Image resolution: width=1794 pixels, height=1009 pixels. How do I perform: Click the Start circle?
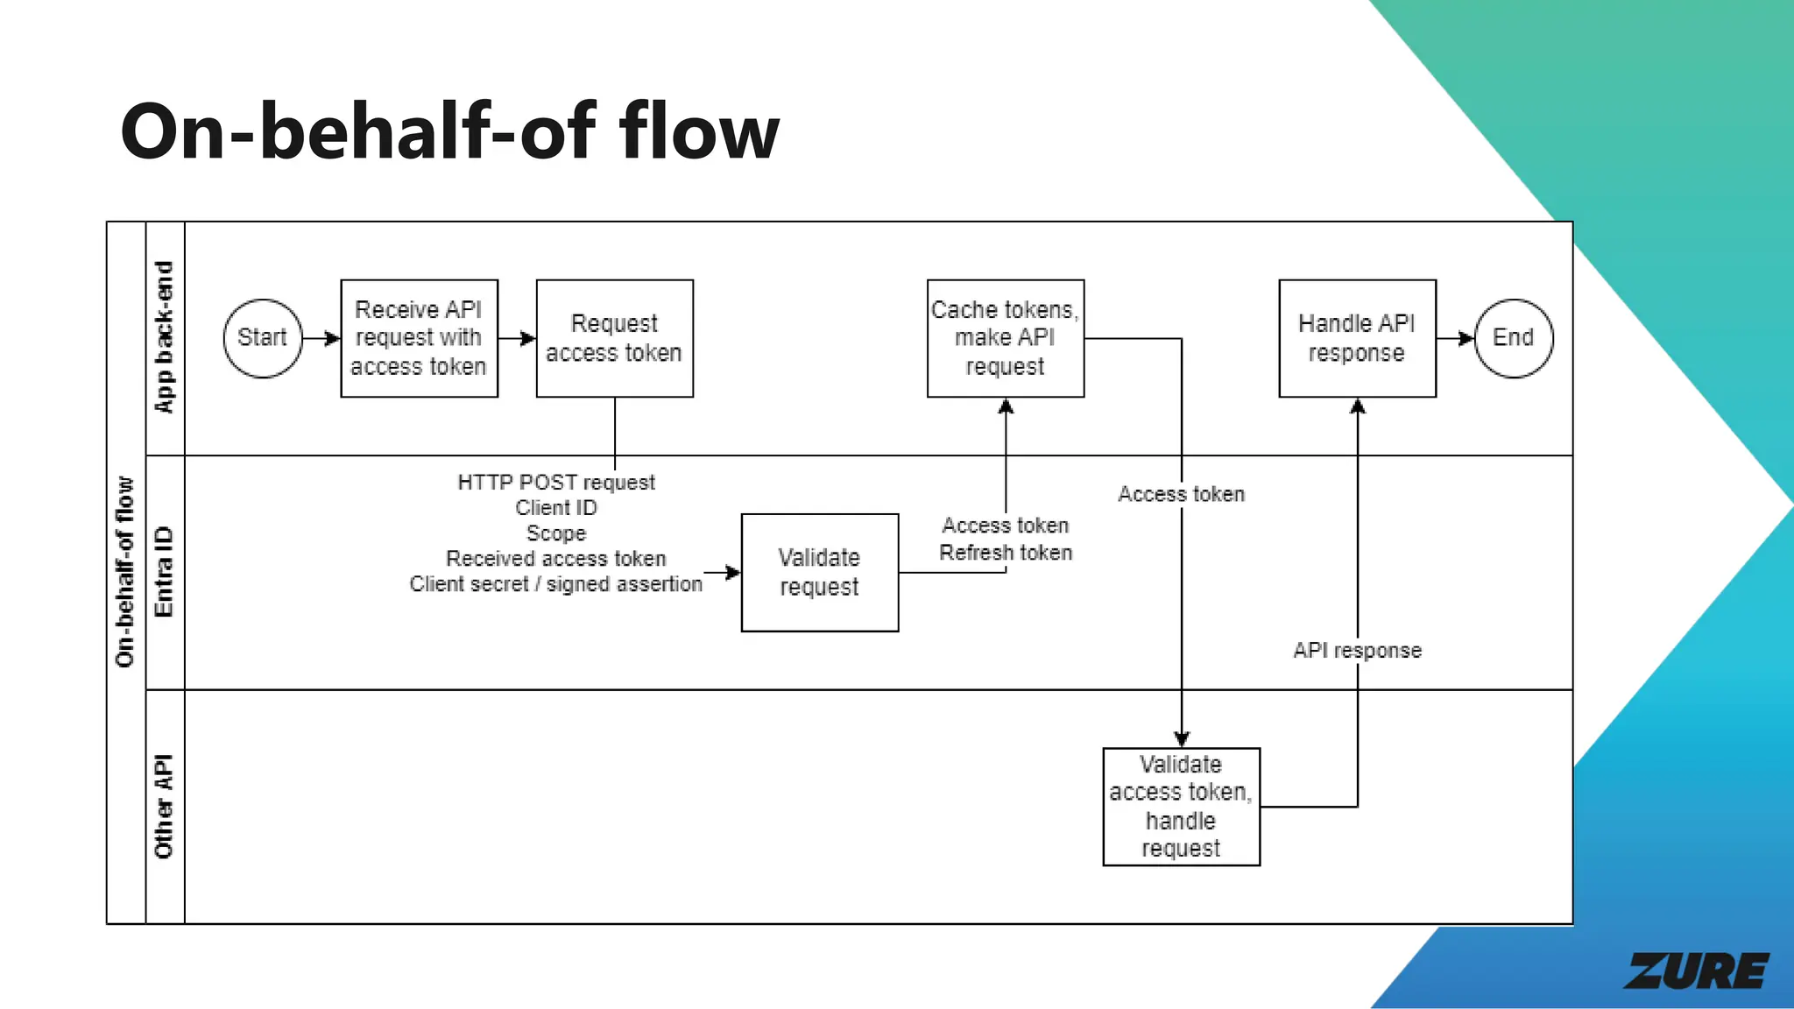[262, 338]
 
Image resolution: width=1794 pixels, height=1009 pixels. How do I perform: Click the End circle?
[1513, 338]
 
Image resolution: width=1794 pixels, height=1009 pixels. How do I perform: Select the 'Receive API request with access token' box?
[419, 338]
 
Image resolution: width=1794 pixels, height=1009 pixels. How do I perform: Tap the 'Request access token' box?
[614, 338]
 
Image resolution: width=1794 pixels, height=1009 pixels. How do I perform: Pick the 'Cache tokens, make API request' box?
[1005, 338]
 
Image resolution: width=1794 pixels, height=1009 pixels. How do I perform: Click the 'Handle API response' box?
[1357, 338]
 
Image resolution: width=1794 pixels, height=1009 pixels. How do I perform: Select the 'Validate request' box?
[819, 572]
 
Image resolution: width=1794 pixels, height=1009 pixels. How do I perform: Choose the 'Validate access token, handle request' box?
[1181, 807]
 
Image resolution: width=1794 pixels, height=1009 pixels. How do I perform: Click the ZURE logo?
[1695, 971]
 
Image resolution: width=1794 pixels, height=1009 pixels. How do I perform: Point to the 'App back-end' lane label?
[165, 337]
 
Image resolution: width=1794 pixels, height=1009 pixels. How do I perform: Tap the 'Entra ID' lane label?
[165, 572]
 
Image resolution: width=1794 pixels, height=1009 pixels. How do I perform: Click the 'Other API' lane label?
[165, 806]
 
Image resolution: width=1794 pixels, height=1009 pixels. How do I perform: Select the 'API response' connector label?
[1357, 651]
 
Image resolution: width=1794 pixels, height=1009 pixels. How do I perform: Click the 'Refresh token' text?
[1005, 553]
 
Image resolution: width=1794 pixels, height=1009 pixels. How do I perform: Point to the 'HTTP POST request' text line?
[556, 483]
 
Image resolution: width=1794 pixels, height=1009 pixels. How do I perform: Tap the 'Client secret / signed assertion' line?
[556, 584]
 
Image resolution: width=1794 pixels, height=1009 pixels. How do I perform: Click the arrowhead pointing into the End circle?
[1467, 338]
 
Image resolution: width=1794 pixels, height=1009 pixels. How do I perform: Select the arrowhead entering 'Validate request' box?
[733, 573]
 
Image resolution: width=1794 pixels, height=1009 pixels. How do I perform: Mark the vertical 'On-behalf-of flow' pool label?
[125, 572]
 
